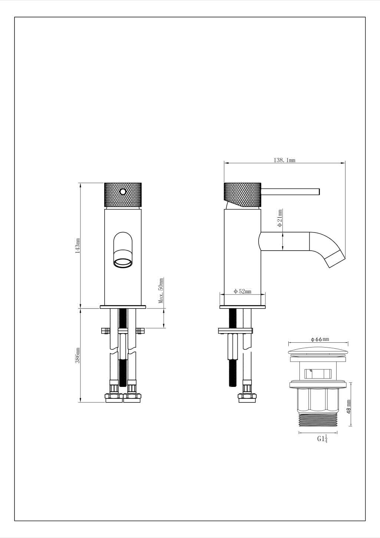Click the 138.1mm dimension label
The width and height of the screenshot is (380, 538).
(x=285, y=160)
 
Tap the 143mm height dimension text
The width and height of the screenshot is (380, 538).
(x=78, y=246)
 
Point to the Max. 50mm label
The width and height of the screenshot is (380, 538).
(x=161, y=290)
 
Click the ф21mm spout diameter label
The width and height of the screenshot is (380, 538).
(x=280, y=218)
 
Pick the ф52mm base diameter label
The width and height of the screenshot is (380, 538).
(x=242, y=291)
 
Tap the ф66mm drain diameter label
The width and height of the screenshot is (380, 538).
(x=320, y=339)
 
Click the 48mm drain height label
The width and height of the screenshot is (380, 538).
(x=349, y=407)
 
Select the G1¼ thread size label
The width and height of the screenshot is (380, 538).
(x=322, y=439)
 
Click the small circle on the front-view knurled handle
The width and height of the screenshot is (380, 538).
(x=123, y=192)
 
